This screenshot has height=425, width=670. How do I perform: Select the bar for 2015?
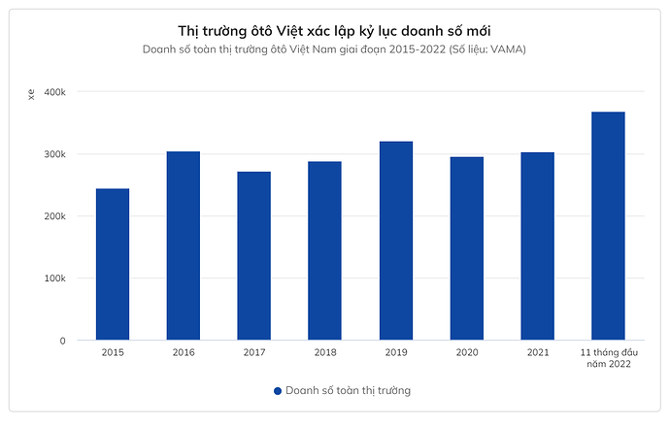113,264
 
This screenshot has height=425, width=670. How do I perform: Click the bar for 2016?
184,245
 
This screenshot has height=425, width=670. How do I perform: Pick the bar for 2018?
325,250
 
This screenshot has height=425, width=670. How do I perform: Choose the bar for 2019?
396,241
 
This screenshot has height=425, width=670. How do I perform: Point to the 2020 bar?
467,248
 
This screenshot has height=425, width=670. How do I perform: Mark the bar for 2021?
538,246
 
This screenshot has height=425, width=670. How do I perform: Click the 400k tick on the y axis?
52,92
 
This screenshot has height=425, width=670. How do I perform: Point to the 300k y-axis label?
52,154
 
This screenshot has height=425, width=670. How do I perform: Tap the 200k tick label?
52,216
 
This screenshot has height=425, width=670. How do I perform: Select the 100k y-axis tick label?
52,278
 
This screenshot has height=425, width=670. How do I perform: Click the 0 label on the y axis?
61,341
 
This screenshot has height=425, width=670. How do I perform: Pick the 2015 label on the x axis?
113,351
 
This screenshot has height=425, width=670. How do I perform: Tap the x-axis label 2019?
396,351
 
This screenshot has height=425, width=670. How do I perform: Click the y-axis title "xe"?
31,94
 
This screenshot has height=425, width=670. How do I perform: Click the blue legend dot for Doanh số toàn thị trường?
278,391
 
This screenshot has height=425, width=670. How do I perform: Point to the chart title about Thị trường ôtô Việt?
335,31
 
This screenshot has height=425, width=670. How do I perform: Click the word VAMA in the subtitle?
508,49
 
